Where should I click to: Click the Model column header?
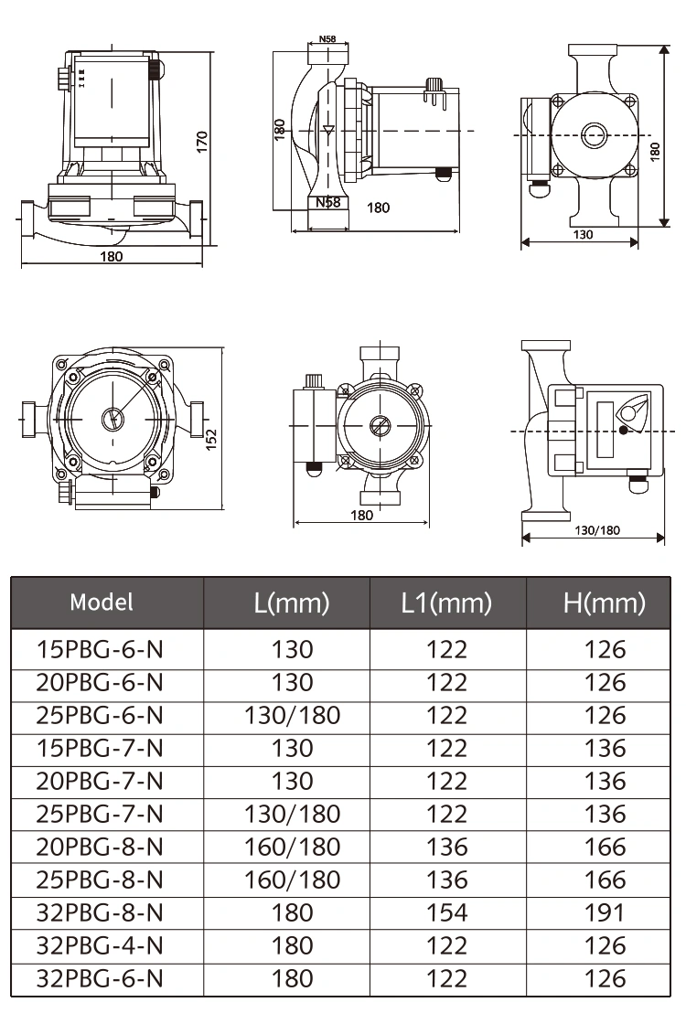tap(102, 602)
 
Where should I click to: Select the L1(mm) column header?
tap(446, 603)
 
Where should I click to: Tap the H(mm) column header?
tap(605, 603)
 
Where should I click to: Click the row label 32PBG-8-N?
tap(100, 912)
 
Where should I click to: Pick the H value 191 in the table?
tap(605, 912)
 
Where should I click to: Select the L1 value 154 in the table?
tap(446, 912)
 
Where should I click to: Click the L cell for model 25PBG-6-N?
tap(293, 716)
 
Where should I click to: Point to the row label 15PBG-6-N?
tap(100, 649)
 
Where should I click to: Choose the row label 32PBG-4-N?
tap(100, 946)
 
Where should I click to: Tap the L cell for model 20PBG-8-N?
tap(293, 847)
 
